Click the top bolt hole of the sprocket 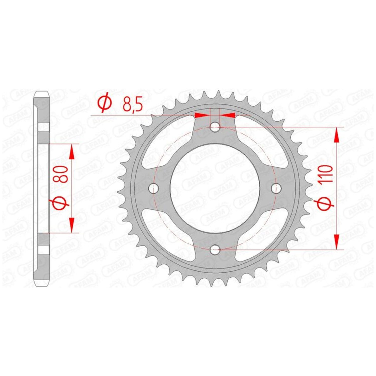pos(215,127)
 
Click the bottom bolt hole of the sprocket pos(215,250)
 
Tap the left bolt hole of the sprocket pos(154,188)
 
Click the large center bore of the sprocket pos(215,188)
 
